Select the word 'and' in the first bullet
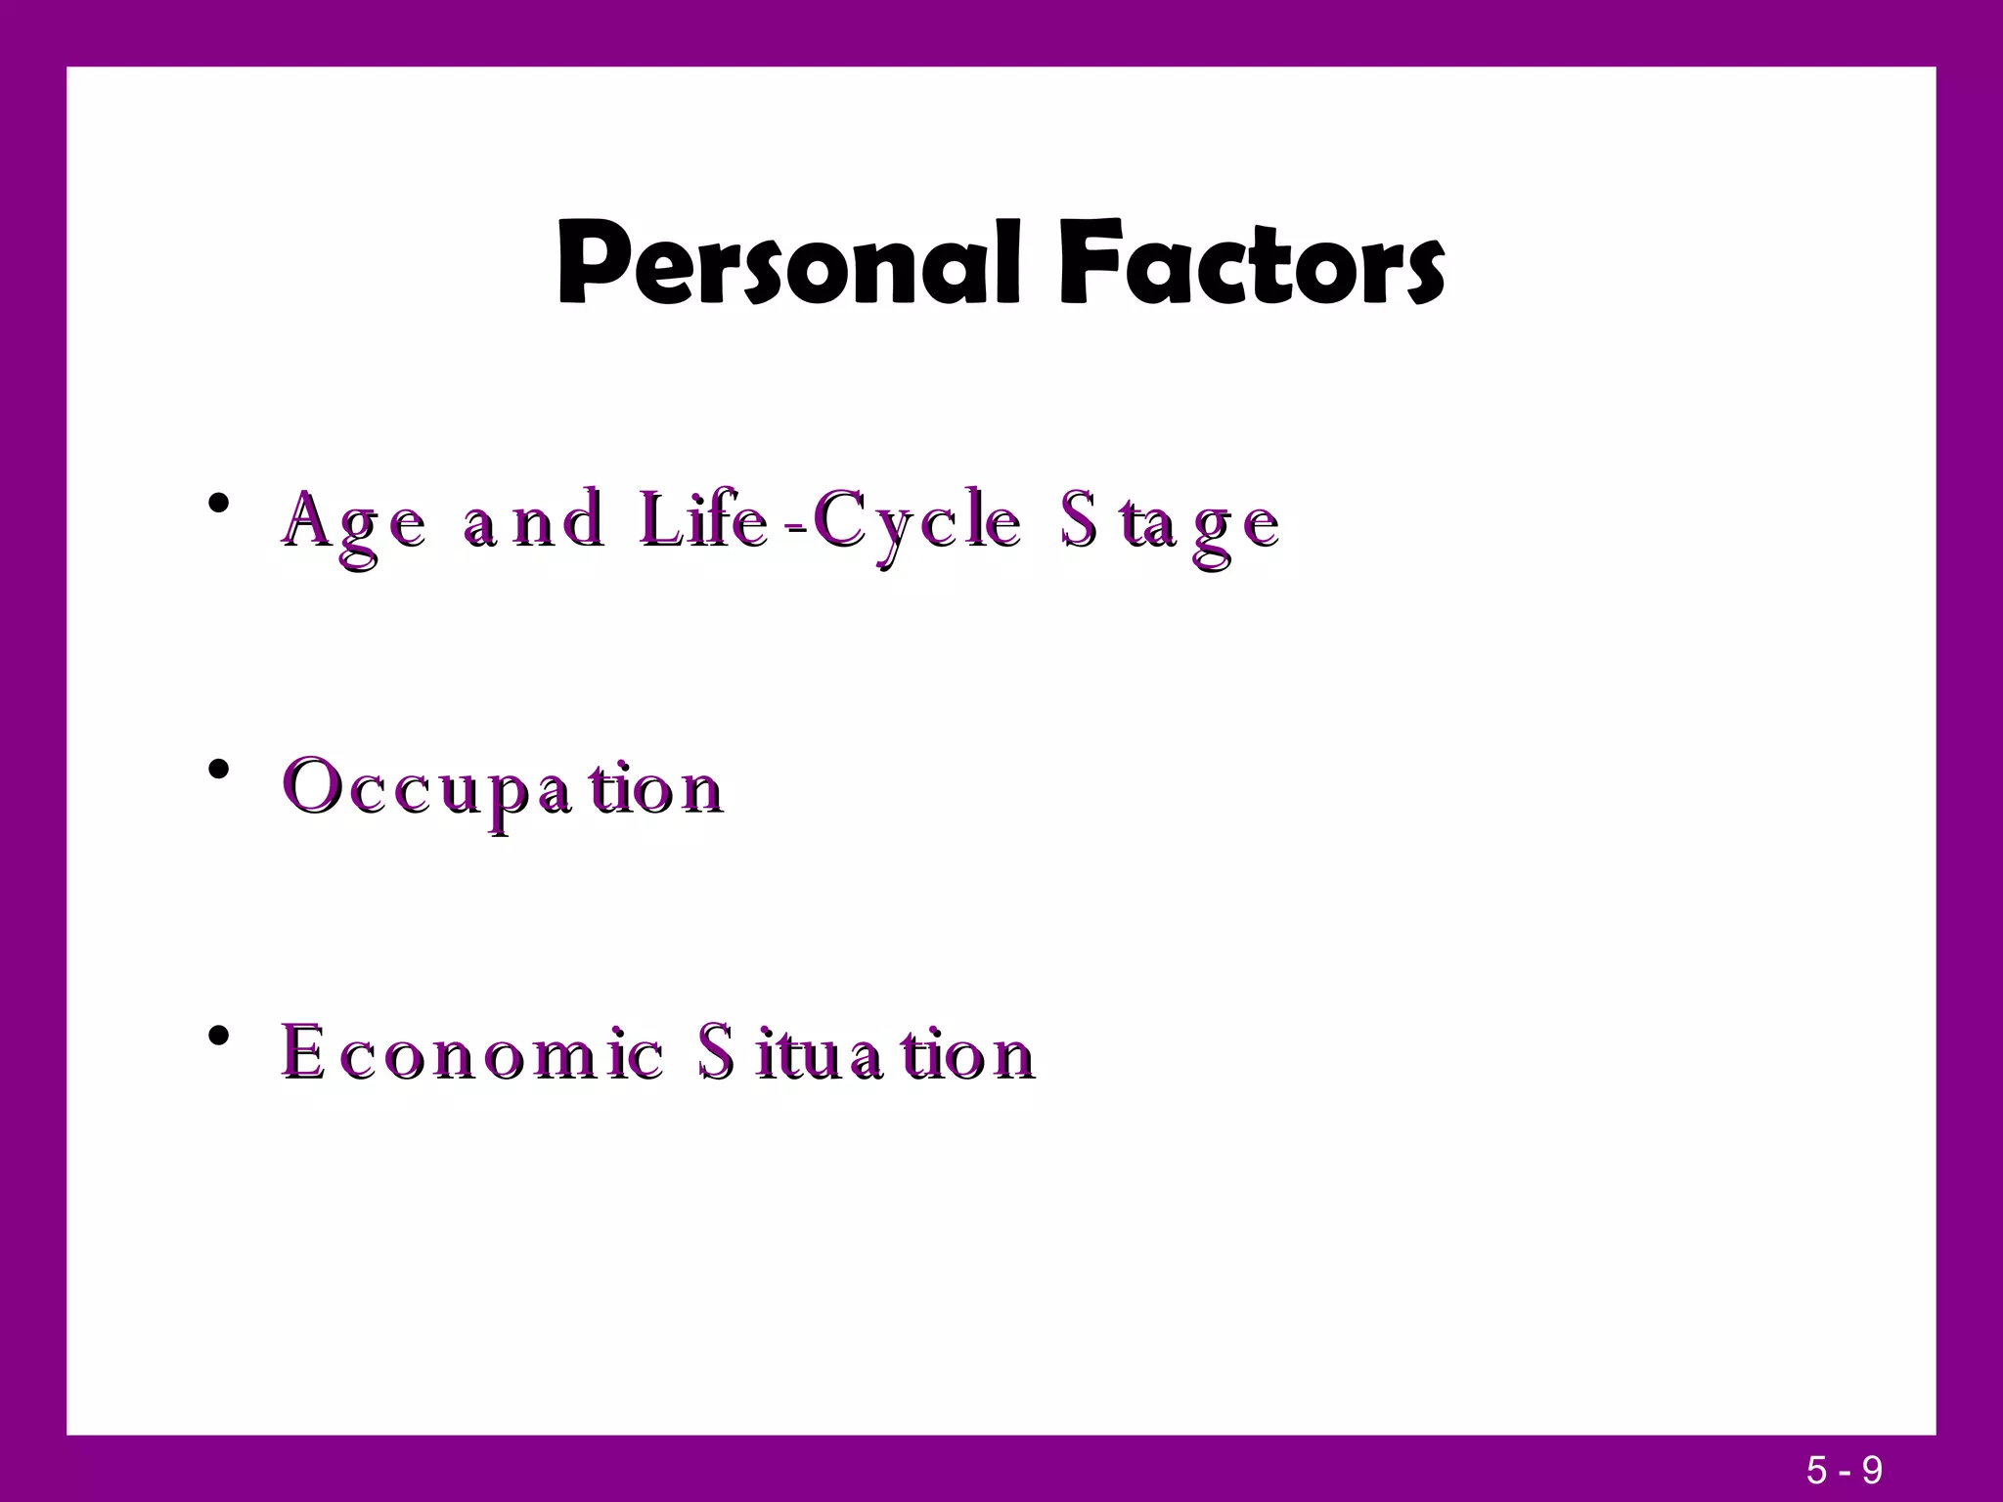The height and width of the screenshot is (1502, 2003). tap(533, 522)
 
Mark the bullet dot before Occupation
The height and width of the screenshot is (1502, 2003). tap(219, 770)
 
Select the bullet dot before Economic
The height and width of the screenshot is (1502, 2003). tap(219, 1035)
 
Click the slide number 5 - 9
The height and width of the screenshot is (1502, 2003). tap(1845, 1470)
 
